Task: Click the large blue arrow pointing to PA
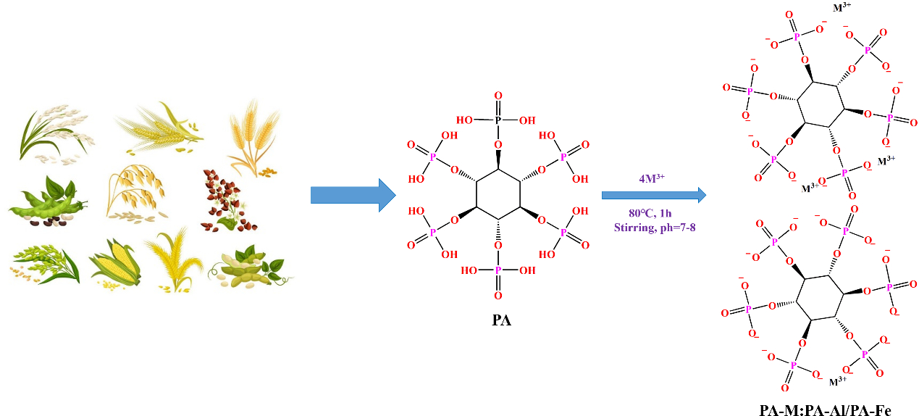[x=352, y=195]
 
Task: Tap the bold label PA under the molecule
[x=500, y=320]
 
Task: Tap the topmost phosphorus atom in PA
[x=498, y=121]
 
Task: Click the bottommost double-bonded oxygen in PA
[x=498, y=296]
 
